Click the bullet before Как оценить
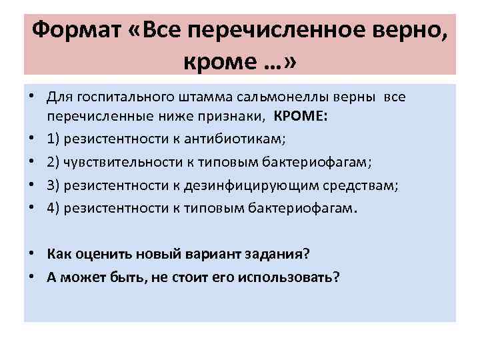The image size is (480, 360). point(33,255)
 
